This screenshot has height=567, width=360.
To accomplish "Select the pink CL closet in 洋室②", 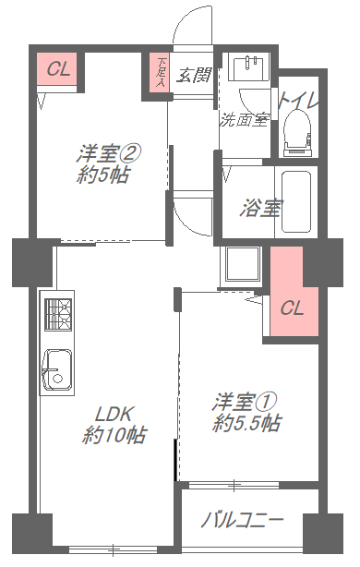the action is click(x=56, y=68).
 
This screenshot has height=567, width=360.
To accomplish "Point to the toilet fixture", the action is click(x=297, y=133).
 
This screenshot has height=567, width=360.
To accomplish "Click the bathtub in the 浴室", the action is click(x=296, y=202).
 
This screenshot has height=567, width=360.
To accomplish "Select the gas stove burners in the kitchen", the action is click(x=58, y=314).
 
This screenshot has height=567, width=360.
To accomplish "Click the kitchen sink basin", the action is click(x=57, y=369).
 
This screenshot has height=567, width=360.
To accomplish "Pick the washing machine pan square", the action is click(x=242, y=263).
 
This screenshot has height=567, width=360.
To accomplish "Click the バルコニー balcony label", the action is click(x=242, y=520).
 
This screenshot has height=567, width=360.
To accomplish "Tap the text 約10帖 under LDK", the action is click(x=114, y=435).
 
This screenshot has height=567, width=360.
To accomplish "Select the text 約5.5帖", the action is click(x=246, y=422).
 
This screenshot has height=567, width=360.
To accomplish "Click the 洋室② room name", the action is click(x=108, y=154).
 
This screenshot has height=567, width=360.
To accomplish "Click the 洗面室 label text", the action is click(x=244, y=120).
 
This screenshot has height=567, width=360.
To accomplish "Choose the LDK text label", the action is click(x=114, y=414).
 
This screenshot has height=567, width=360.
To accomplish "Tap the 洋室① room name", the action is click(x=245, y=402).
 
